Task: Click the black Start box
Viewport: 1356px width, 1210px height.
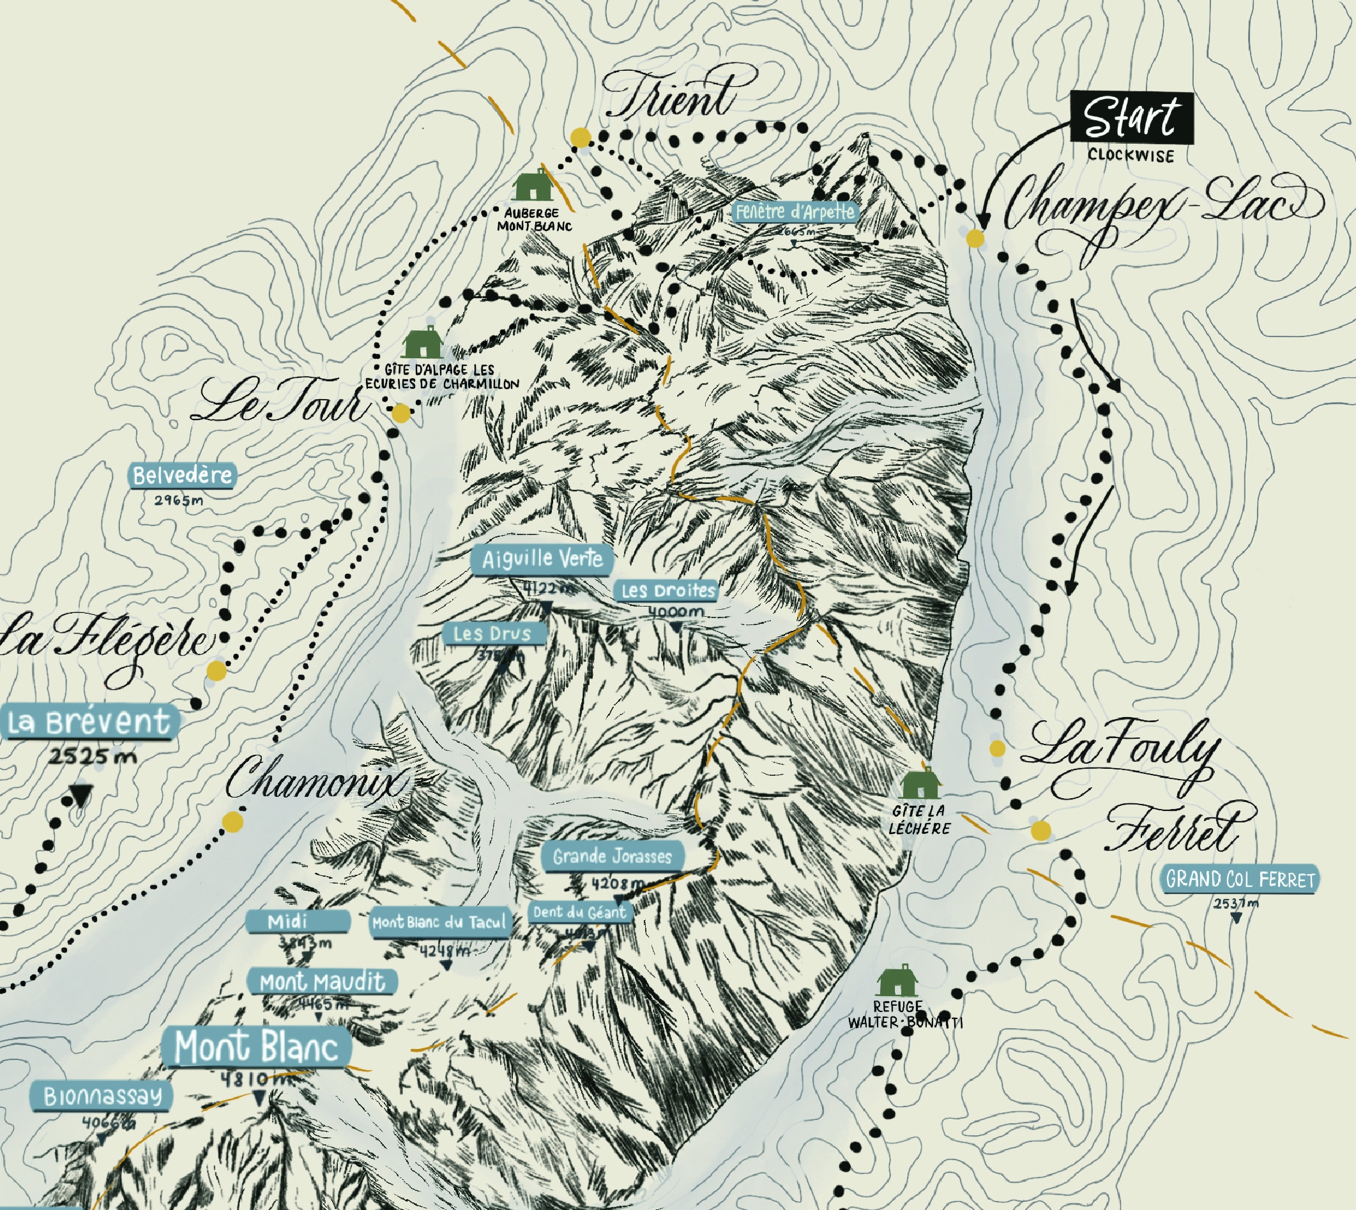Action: click(x=1131, y=117)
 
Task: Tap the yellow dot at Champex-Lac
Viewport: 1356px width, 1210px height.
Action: click(x=975, y=239)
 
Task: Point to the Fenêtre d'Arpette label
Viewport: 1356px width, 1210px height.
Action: click(x=795, y=212)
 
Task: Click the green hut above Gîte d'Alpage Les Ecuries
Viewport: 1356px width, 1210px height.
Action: click(x=422, y=342)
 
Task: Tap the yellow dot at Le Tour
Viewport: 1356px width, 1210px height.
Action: click(x=401, y=414)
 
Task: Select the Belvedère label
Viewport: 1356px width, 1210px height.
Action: click(x=182, y=475)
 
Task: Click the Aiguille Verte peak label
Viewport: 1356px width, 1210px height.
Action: click(x=542, y=559)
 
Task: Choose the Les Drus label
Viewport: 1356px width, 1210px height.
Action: click(x=493, y=633)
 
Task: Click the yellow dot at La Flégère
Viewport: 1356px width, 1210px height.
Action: click(x=216, y=671)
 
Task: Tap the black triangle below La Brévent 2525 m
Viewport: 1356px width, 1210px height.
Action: click(x=81, y=794)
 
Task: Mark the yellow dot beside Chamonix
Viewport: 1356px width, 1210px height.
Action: click(x=232, y=822)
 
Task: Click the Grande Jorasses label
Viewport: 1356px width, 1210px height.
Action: click(x=612, y=856)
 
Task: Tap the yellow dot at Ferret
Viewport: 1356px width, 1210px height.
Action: click(x=1040, y=830)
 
